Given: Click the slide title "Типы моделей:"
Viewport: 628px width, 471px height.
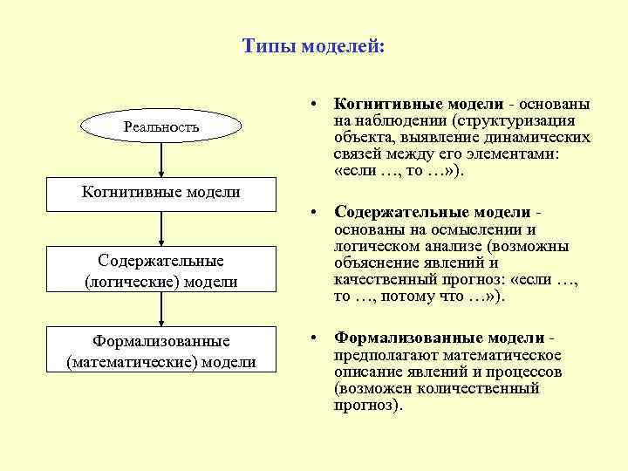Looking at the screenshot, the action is [x=312, y=45].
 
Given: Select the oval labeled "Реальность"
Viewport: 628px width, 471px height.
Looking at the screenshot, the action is [x=161, y=127].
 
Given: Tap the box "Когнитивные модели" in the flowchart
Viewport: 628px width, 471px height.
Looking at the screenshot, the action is [x=161, y=192].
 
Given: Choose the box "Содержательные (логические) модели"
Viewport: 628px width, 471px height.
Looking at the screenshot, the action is [x=161, y=271].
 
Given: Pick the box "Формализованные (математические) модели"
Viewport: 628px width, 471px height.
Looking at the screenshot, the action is [x=161, y=350].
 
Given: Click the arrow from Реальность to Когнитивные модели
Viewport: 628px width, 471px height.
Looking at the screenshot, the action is [x=161, y=162].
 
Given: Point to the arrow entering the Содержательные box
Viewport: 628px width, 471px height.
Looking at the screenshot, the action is [x=161, y=229].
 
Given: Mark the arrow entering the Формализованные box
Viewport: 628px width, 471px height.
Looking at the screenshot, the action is [x=161, y=310].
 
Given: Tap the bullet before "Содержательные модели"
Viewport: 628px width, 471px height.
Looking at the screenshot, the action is [x=311, y=213].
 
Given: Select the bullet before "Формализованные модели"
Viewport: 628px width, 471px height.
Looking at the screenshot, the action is [x=311, y=338].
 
